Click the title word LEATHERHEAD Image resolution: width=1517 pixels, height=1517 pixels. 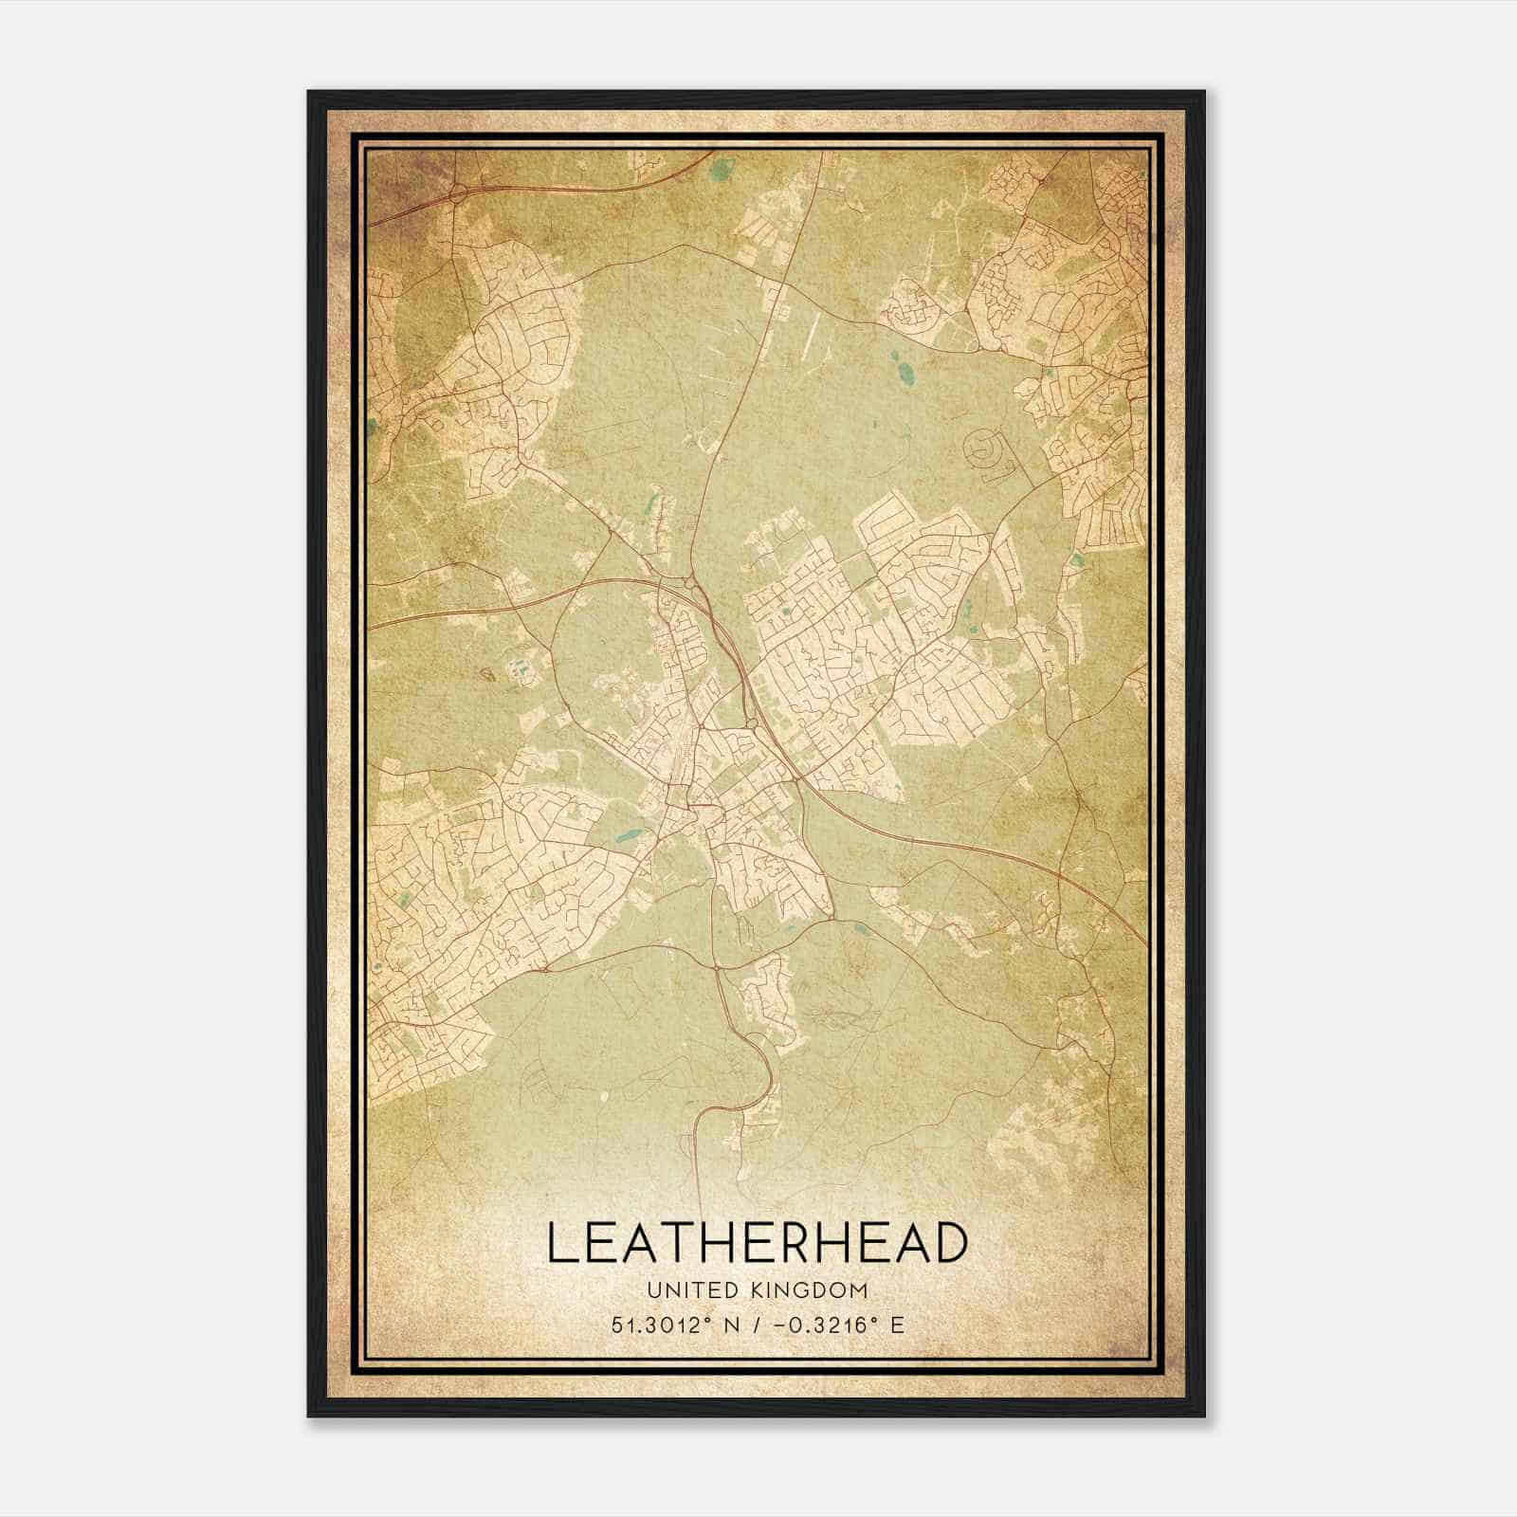coord(758,1244)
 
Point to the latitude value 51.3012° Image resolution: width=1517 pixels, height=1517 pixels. coord(662,1324)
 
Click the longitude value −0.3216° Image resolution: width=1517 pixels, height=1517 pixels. coord(821,1324)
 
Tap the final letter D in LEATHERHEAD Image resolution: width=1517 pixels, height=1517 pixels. coord(951,1244)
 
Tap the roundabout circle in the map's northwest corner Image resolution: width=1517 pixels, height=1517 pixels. coord(459,194)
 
